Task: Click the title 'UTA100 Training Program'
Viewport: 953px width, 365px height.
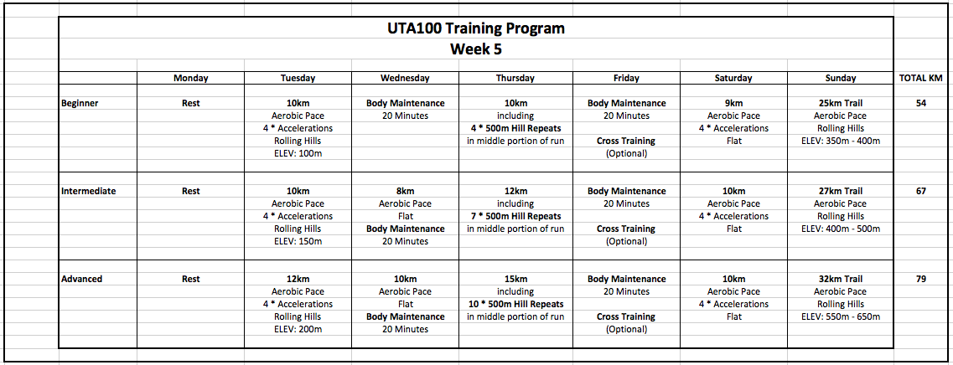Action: tap(475, 28)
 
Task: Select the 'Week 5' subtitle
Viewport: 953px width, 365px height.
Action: tap(475, 49)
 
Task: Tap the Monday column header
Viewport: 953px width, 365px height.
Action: tap(191, 78)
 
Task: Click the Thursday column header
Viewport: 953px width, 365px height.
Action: tap(515, 78)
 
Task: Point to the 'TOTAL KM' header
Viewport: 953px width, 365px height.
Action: tap(921, 78)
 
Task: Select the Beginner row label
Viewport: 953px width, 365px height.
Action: tap(80, 104)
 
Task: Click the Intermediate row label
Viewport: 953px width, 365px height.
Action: tap(88, 192)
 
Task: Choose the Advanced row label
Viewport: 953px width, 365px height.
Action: tap(82, 280)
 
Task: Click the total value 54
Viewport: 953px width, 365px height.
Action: tap(921, 104)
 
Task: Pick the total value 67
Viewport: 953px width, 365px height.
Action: tap(921, 192)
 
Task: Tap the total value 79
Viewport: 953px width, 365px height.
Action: tap(921, 280)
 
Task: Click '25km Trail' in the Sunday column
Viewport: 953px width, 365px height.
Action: tap(840, 104)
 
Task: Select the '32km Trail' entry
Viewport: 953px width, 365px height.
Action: tap(840, 280)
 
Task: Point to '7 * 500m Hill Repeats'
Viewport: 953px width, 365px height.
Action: tap(515, 217)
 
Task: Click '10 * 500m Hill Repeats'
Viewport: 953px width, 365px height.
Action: tap(515, 305)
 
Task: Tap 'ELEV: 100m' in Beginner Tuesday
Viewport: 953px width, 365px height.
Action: tap(298, 154)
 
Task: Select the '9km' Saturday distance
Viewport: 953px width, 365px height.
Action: tap(733, 104)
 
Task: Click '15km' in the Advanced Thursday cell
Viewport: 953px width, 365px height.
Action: tap(515, 280)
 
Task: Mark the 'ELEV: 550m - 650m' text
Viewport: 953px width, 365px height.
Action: tap(840, 317)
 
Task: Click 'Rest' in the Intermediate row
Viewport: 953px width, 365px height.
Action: tap(191, 192)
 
